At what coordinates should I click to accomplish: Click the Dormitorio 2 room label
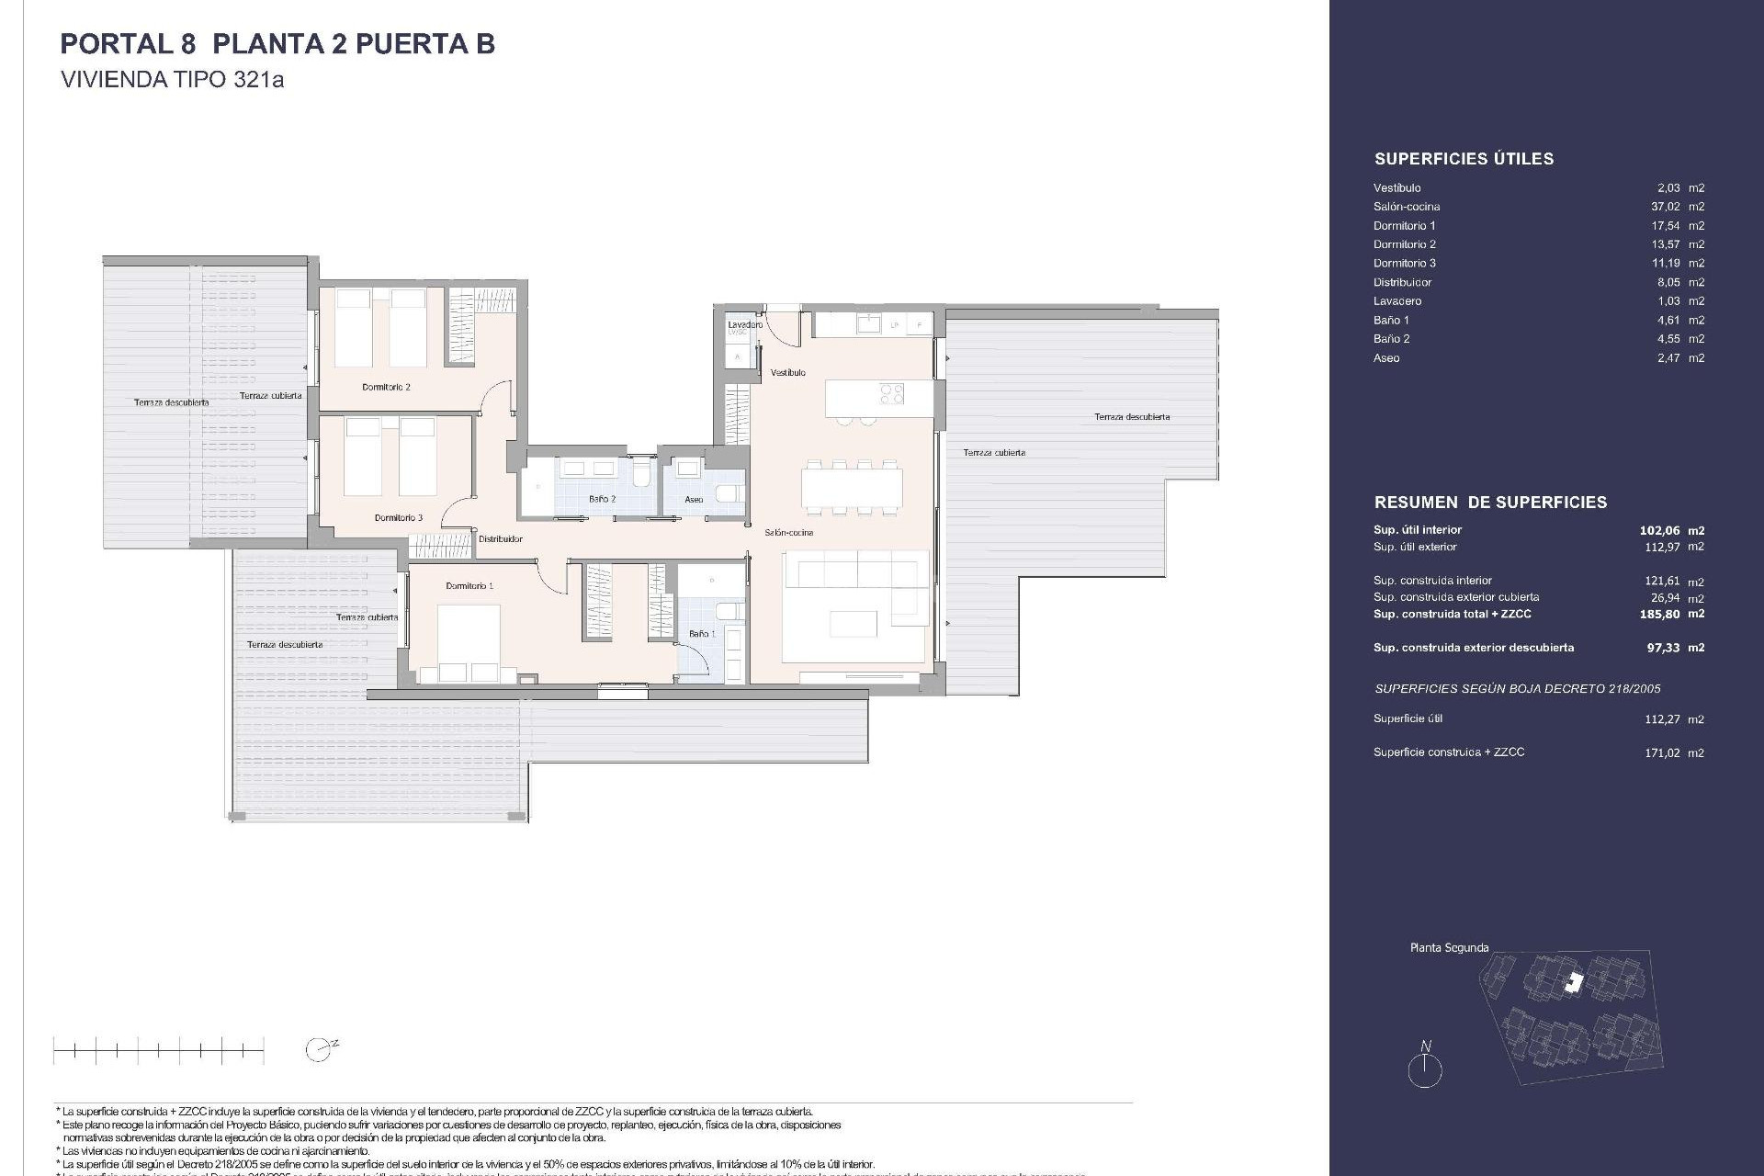(x=386, y=387)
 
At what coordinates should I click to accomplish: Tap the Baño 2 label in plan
(x=602, y=499)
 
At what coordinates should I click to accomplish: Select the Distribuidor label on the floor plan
(x=500, y=539)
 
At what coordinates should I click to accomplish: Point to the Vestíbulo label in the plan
(x=787, y=372)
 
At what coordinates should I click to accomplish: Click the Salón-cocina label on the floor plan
(x=788, y=533)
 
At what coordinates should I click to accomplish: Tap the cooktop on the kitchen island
(x=892, y=394)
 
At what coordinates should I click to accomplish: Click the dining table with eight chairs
(x=852, y=487)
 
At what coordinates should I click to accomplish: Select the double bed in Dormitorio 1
(x=468, y=642)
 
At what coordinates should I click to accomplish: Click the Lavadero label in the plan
(x=744, y=325)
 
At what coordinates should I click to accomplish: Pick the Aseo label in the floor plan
(x=694, y=500)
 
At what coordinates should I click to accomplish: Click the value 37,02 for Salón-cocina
(x=1665, y=207)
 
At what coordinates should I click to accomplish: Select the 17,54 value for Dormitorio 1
(x=1665, y=226)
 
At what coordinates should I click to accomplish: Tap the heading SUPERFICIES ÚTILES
(x=1464, y=159)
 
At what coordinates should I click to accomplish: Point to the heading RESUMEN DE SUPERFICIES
(x=1490, y=503)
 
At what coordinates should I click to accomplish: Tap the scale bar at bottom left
(x=158, y=1050)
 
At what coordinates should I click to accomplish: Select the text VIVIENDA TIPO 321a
(x=172, y=80)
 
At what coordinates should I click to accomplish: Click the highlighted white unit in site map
(x=1575, y=982)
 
